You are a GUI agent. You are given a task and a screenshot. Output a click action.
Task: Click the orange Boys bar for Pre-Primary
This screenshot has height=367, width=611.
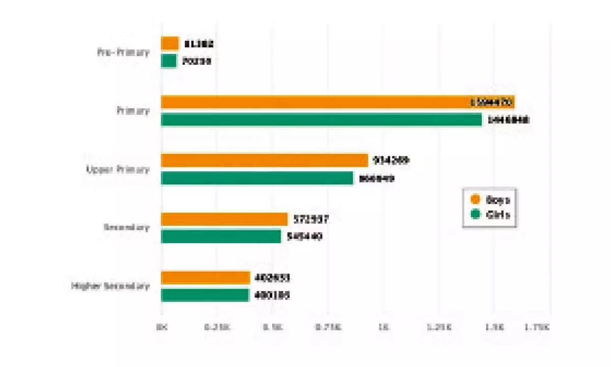[170, 43]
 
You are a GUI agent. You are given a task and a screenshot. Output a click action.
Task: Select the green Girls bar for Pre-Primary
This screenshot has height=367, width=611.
[169, 61]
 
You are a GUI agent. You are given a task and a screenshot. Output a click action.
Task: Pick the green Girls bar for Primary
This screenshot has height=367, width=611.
[321, 120]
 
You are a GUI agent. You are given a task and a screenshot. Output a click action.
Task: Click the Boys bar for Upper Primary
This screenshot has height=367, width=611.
[264, 161]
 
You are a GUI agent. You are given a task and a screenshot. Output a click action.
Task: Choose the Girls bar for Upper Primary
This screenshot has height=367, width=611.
[257, 178]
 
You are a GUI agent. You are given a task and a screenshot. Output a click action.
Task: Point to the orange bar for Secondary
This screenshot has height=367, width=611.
[225, 219]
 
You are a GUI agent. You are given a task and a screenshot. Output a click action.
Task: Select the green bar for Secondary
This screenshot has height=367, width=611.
[221, 237]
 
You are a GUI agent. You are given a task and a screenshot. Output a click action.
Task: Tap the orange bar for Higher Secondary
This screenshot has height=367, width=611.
[206, 278]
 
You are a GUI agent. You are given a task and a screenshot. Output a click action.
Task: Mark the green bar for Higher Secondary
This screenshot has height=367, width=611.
[205, 295]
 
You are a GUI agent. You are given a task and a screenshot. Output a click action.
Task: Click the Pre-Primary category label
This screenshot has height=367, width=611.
[123, 52]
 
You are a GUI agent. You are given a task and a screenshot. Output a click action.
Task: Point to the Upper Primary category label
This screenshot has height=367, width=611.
[118, 169]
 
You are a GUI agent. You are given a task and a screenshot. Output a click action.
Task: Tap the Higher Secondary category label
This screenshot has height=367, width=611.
[110, 286]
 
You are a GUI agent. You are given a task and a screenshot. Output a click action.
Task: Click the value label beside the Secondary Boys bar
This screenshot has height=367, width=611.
[311, 219]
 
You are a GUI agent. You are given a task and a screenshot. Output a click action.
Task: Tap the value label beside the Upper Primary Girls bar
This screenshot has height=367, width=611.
[376, 179]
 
